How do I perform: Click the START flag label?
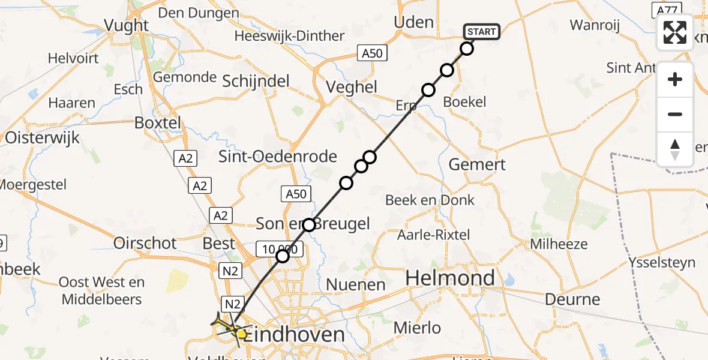481,32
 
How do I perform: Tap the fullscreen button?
675,32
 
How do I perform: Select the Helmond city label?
450,278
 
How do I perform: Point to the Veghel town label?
352,87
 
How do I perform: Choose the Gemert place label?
478,164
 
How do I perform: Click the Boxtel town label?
157,122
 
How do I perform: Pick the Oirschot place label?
145,243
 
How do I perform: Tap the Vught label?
126,25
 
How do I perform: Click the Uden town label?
413,22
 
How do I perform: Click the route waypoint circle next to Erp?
428,90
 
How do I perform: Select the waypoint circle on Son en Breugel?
309,225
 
